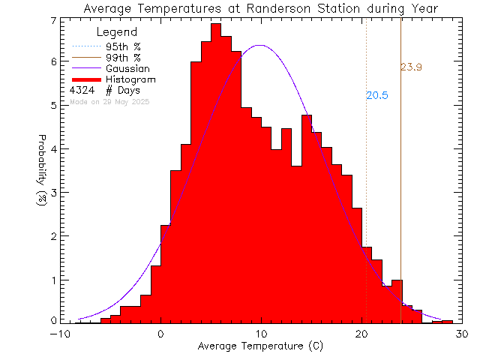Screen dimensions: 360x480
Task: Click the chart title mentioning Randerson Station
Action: [261, 8]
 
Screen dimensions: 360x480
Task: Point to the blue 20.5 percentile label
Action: [377, 95]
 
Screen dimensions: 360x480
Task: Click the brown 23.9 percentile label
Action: [411, 67]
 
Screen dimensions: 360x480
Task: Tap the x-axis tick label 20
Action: [361, 334]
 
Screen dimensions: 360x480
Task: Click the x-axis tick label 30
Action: [462, 334]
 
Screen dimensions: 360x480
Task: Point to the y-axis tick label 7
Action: [52, 20]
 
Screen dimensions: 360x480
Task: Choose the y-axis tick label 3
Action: [52, 193]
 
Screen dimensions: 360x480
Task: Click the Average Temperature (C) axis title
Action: [261, 346]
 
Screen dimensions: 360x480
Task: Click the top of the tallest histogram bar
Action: [216, 24]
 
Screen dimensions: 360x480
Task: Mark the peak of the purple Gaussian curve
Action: [260, 45]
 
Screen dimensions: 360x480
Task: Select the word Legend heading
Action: [117, 32]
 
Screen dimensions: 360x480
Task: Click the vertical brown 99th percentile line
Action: [401, 187]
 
